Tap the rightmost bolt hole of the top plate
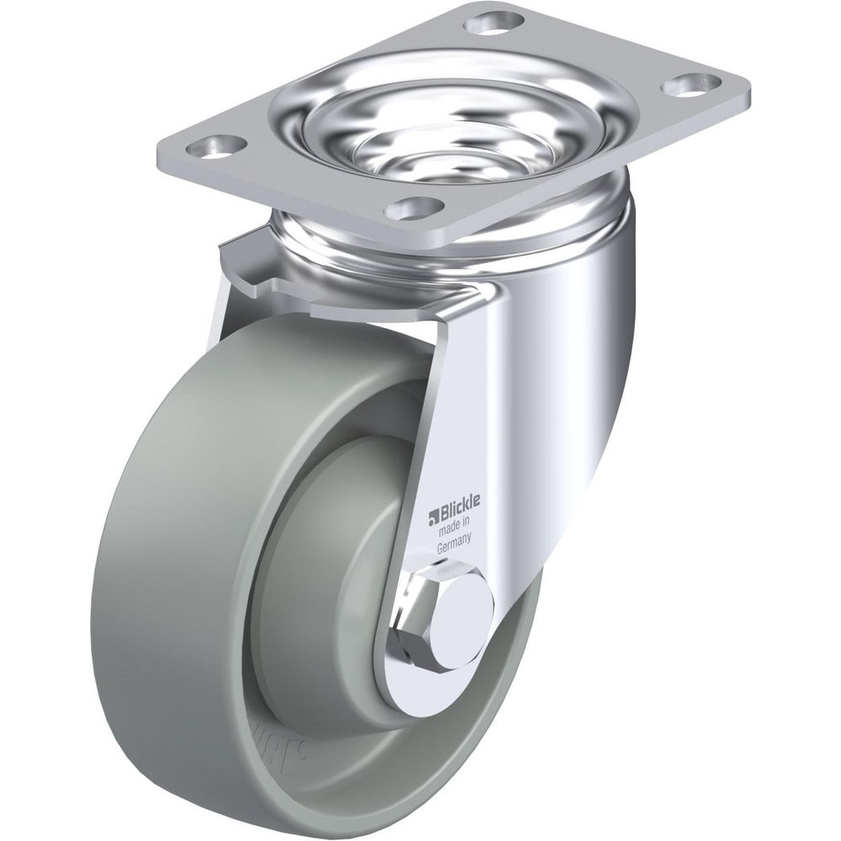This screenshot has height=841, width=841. pyautogui.click(x=690, y=84)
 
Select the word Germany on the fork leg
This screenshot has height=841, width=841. pyautogui.click(x=459, y=547)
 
